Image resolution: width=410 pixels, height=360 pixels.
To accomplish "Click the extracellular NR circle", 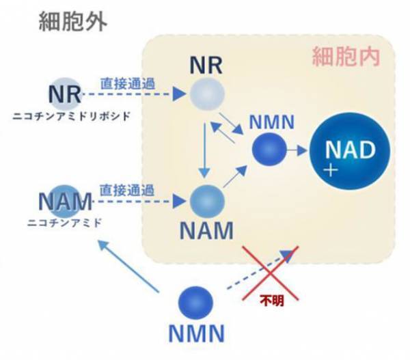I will pyautogui.click(x=66, y=92).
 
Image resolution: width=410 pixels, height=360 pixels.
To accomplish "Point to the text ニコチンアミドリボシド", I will pyautogui.click(x=72, y=116).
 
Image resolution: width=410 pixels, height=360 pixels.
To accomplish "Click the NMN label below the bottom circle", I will pyautogui.click(x=195, y=335).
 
